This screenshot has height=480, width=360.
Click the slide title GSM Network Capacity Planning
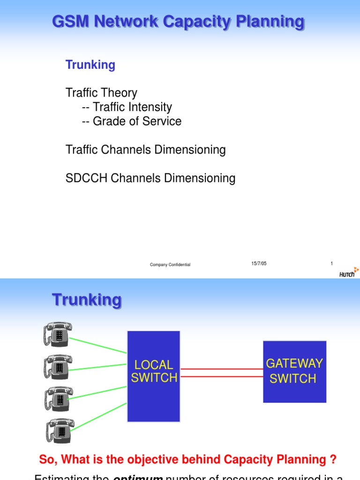pyautogui.click(x=178, y=22)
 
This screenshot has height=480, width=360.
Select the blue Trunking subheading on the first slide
pyautogui.click(x=90, y=65)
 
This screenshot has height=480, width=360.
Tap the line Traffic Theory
pyautogui.click(x=101, y=93)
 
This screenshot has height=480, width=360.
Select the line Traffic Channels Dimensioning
pyautogui.click(x=145, y=150)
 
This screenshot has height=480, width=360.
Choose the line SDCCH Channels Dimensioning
pyautogui.click(x=150, y=178)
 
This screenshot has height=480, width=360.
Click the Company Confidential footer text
pyautogui.click(x=170, y=265)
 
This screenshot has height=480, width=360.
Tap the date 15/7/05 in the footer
pyautogui.click(x=259, y=263)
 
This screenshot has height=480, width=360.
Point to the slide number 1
pyautogui.click(x=332, y=263)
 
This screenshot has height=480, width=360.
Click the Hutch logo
pyautogui.click(x=349, y=273)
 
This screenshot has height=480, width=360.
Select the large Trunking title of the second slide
pyautogui.click(x=87, y=300)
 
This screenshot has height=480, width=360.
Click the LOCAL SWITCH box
pyautogui.click(x=154, y=376)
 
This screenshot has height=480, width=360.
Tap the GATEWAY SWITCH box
pyautogui.click(x=294, y=371)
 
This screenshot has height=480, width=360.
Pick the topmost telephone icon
pyautogui.click(x=58, y=334)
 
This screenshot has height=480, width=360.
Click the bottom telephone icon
pyautogui.click(x=60, y=430)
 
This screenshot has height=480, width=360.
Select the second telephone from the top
pyautogui.click(x=58, y=366)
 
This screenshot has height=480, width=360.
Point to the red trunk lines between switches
pyautogui.click(x=221, y=373)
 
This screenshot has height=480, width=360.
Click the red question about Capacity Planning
pyautogui.click(x=187, y=459)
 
